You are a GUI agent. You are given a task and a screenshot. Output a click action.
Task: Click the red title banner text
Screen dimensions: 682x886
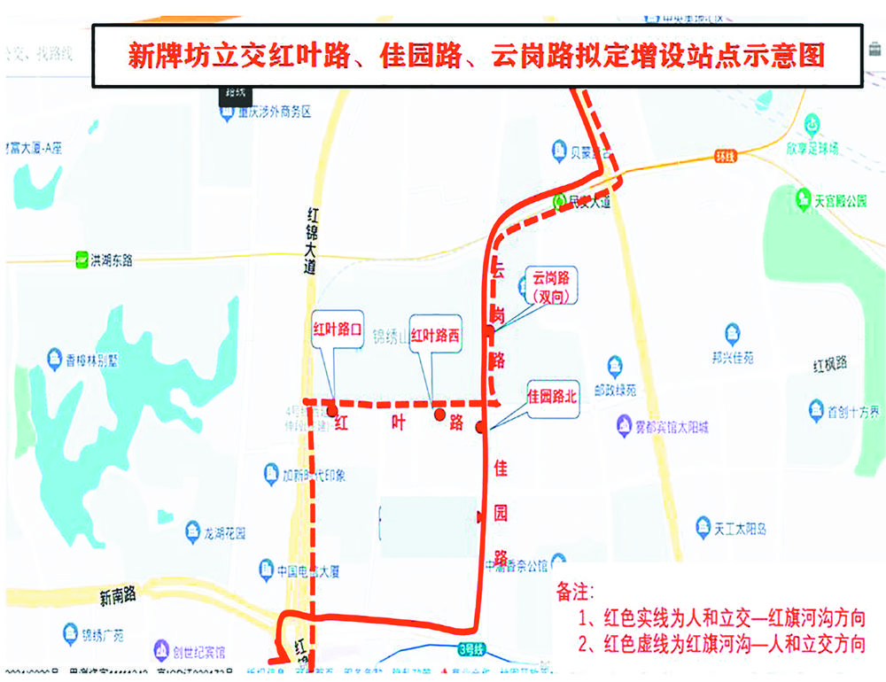tap(477, 56)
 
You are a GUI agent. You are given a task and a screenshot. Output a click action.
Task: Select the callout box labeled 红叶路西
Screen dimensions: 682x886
tap(436, 336)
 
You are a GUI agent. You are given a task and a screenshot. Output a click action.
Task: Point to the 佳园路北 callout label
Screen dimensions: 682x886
tap(552, 397)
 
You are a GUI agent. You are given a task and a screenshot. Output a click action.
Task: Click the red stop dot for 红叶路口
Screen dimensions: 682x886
tap(332, 411)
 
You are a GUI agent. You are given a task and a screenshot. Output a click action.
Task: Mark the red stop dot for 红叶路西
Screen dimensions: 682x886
tap(438, 414)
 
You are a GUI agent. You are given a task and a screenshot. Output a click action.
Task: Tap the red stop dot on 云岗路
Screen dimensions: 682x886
tap(489, 331)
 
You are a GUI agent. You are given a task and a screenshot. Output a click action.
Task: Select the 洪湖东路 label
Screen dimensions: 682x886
tap(105, 260)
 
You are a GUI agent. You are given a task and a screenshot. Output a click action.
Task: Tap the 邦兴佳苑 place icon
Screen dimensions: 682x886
tap(732, 334)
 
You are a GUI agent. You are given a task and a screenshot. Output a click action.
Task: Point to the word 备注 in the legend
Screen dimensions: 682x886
tap(576, 591)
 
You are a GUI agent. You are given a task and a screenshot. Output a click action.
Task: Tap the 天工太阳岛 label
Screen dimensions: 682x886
tap(738, 529)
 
